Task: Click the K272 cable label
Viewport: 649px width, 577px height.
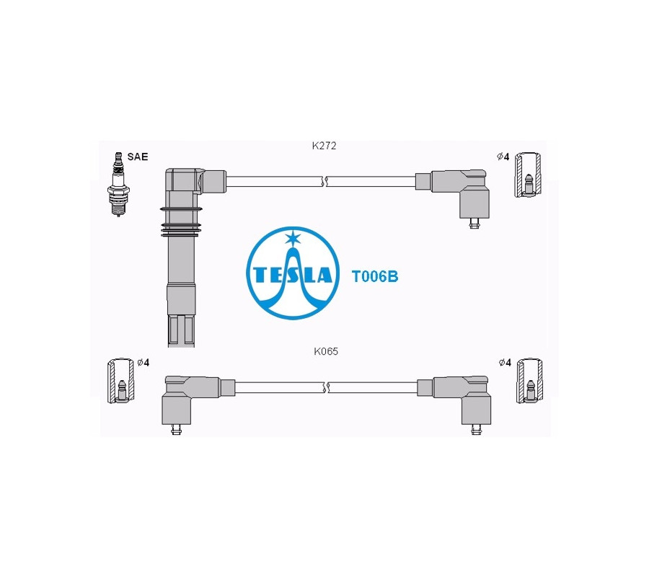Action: click(x=324, y=146)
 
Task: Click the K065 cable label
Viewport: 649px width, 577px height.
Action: click(x=326, y=351)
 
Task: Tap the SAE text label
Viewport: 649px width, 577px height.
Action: click(x=138, y=157)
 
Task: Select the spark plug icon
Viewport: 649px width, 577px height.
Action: click(x=118, y=184)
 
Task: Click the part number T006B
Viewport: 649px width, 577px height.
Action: click(x=374, y=276)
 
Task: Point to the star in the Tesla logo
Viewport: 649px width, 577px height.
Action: click(x=293, y=238)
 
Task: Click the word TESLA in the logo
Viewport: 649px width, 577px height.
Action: click(x=293, y=274)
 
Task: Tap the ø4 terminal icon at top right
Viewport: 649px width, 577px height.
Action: click(x=528, y=175)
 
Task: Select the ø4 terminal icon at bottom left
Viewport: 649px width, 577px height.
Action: click(x=121, y=380)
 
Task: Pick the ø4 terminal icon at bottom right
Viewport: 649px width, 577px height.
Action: click(x=530, y=380)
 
